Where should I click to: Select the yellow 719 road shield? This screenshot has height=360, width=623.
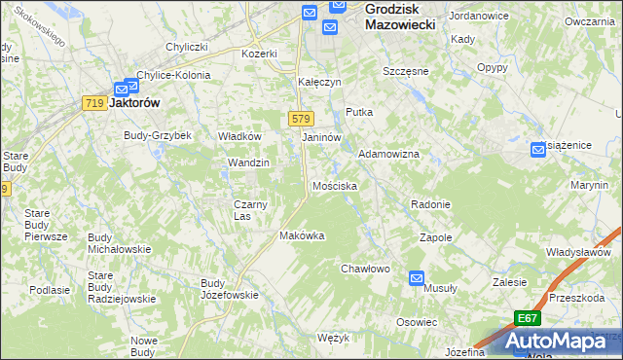(x=94, y=103)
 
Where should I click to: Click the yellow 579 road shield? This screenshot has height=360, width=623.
(x=300, y=119)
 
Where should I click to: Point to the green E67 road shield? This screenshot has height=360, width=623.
(x=527, y=318)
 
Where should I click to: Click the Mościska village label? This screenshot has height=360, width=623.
(x=334, y=185)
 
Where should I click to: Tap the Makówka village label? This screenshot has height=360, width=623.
(x=301, y=235)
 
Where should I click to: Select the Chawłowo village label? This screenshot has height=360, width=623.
(x=365, y=269)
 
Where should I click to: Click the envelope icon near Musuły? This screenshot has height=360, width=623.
(x=417, y=277)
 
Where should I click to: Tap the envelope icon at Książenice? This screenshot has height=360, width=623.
(x=538, y=149)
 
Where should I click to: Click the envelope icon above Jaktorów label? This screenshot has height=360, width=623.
(x=130, y=87)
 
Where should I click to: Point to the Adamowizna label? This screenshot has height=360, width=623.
(x=388, y=155)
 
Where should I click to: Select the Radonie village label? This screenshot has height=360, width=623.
(x=430, y=204)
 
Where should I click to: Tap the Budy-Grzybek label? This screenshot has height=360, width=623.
(x=157, y=135)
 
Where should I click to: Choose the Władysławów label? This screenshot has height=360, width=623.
(x=577, y=252)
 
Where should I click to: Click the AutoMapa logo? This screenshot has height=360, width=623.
(x=564, y=341)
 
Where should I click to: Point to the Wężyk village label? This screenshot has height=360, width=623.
(x=333, y=338)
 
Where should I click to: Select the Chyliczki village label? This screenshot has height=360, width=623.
(x=187, y=47)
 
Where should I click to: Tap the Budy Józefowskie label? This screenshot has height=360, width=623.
(x=229, y=289)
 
